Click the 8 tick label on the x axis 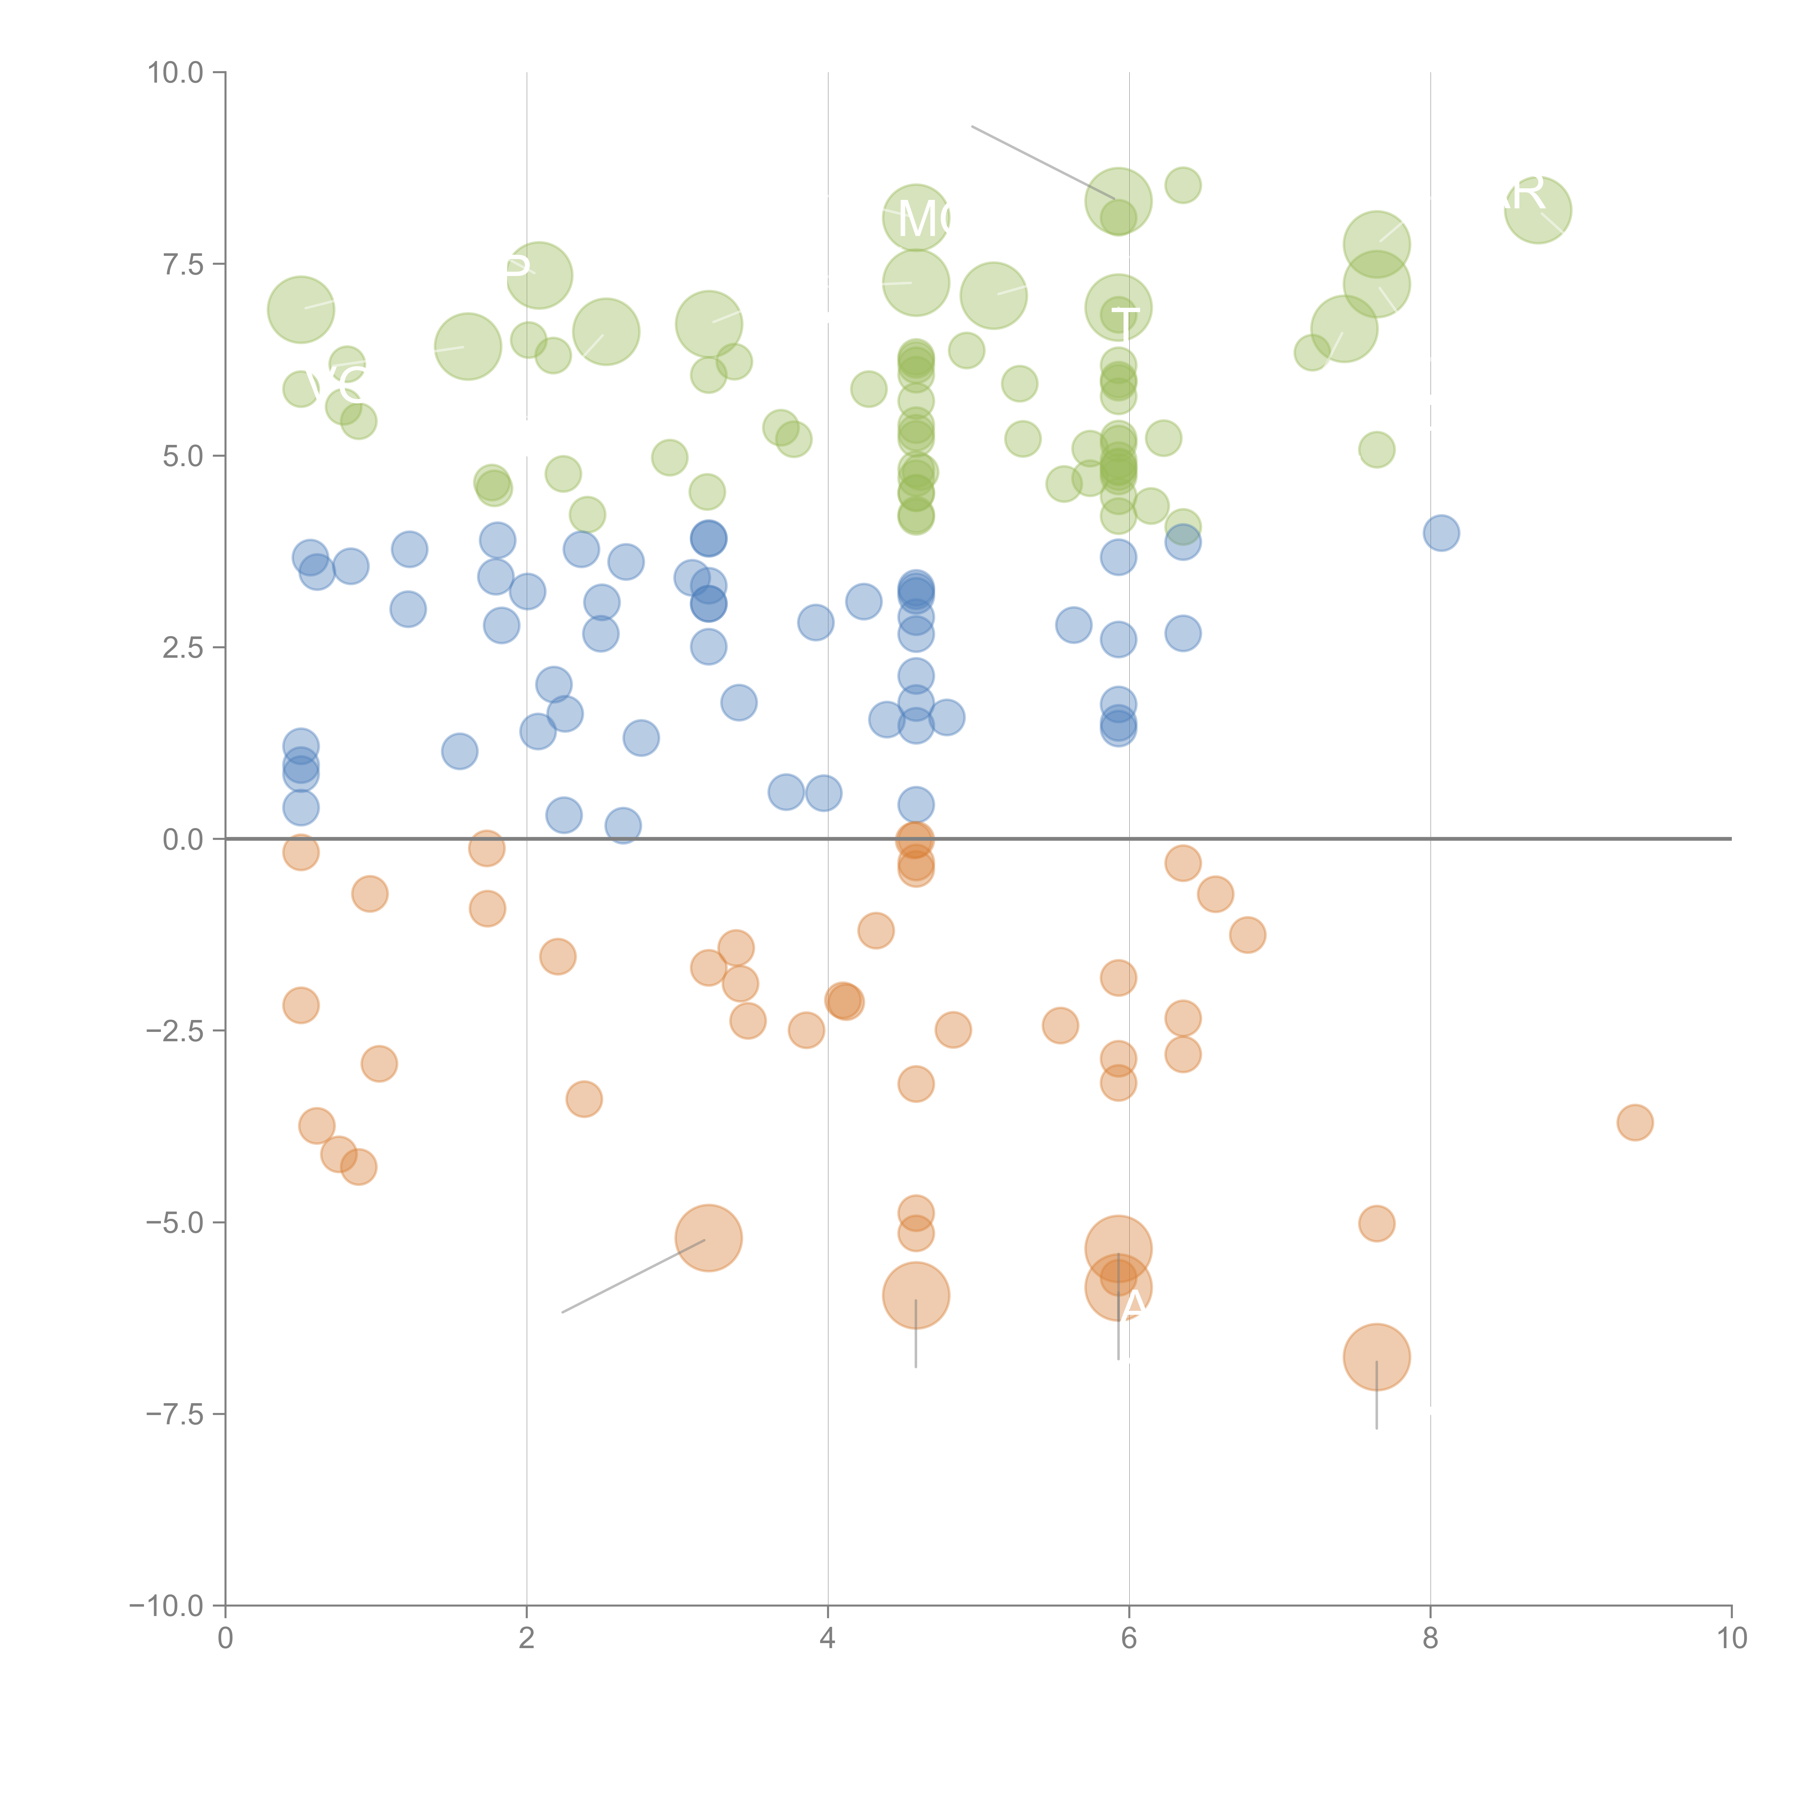tap(1431, 1639)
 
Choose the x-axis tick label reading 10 tap(1731, 1639)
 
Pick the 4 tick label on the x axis tap(827, 1639)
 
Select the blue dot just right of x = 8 tap(1441, 533)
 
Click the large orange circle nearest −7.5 tap(1376, 1357)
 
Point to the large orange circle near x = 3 tap(709, 1238)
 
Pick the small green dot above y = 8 tap(1183, 185)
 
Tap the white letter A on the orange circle tap(1134, 1305)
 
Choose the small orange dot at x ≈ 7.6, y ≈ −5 tap(1376, 1223)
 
